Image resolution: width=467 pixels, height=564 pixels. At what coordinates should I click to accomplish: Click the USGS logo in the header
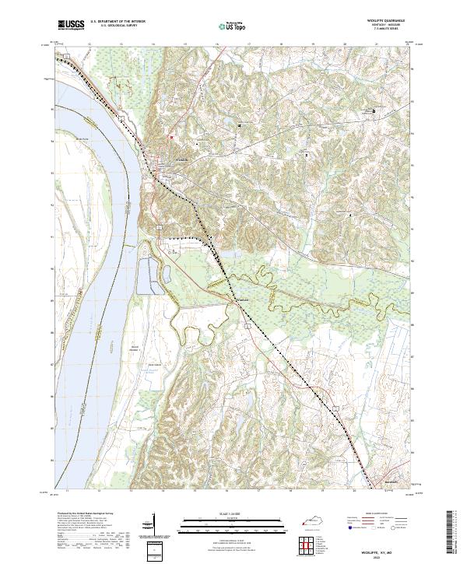click(71, 25)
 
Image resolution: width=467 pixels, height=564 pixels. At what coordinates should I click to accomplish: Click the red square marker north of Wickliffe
click(172, 135)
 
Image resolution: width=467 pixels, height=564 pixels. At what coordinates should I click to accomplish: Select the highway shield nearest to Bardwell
click(335, 405)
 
